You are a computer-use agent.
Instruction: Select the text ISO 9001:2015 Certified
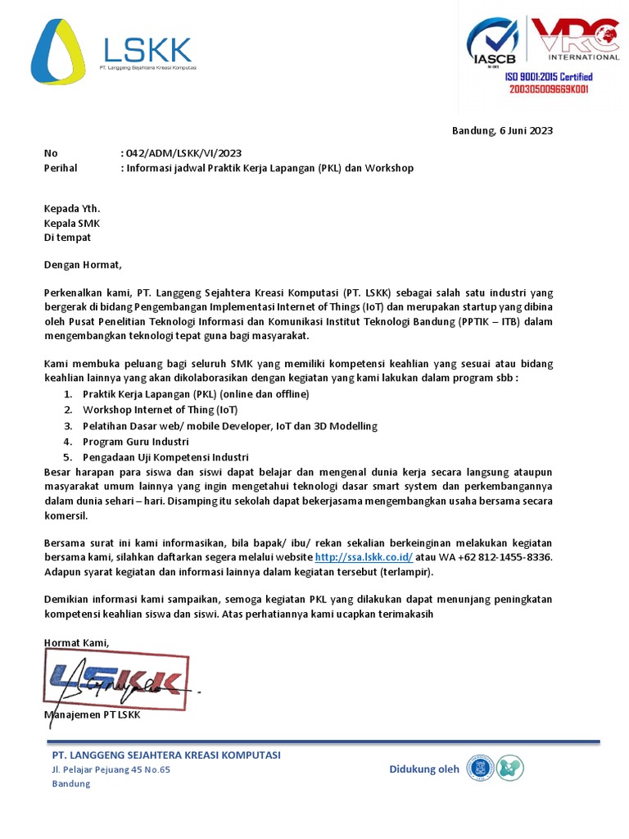coord(548,77)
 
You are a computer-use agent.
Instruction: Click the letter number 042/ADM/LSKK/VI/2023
coord(183,153)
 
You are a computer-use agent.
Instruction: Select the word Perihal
coord(60,168)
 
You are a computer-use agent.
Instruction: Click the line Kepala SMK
coord(72,223)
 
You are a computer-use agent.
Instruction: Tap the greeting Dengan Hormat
coord(82,265)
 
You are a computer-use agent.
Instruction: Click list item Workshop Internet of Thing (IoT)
coord(160,410)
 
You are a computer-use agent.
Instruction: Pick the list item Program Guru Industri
coord(135,442)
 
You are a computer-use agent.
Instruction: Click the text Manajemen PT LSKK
coord(92,715)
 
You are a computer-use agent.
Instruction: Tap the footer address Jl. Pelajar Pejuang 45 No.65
coord(111,769)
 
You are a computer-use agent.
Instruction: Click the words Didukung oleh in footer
coord(424,769)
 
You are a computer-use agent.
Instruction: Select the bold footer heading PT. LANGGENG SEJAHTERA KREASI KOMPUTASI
coord(166,755)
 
